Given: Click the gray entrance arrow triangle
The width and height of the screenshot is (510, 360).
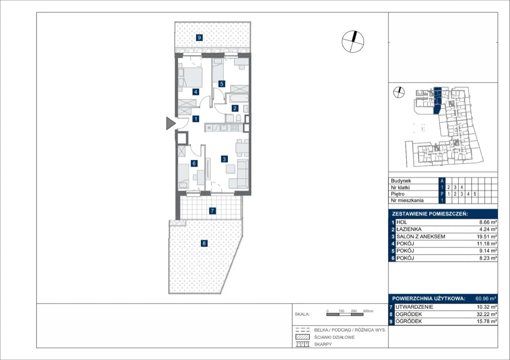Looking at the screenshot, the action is point(170,123).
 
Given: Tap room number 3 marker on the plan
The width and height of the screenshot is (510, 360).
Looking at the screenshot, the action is point(224,159).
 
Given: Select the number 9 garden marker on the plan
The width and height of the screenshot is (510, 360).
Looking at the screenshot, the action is point(199,38).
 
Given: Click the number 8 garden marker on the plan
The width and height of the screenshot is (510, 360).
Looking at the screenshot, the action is point(204,243).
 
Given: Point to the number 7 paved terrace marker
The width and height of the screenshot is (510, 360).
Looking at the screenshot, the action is point(212,211).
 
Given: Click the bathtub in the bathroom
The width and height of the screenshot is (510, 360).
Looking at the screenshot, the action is point(239,98).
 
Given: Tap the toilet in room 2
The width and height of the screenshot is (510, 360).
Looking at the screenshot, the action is point(238,118).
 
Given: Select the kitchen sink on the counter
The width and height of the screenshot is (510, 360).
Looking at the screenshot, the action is point(224,128).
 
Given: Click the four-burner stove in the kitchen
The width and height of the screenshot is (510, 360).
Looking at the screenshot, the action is point(235,128).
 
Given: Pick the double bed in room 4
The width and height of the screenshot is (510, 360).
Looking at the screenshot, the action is point(190,77).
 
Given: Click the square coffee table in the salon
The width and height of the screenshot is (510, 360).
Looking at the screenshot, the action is point(230,169).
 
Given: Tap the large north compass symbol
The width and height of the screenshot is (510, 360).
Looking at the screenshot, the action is point(353,42).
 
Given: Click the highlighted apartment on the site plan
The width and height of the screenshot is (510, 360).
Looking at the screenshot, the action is point(437,100).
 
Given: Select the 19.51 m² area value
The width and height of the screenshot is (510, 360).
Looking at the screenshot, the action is point(487,236).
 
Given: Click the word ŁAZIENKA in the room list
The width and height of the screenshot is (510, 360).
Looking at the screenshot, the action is point(409,229).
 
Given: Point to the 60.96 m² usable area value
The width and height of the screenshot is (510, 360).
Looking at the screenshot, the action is point(486,298).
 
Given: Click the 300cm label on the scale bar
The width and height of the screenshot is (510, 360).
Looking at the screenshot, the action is point(368,311).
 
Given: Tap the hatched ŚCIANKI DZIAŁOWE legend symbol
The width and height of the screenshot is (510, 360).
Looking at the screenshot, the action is point(302,337).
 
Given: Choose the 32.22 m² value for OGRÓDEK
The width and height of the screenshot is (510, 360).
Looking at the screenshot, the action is point(487,314).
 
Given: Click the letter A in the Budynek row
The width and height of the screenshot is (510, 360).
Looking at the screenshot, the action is point(442,181).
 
